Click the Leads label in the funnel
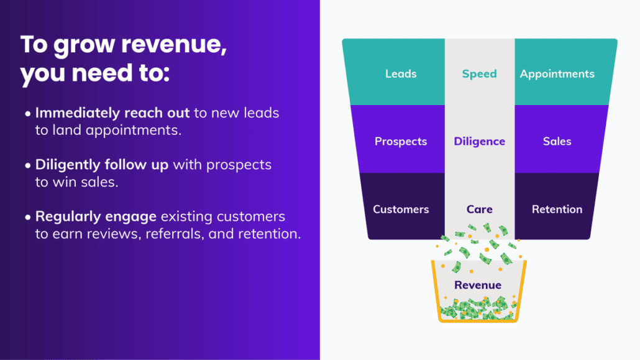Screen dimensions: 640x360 pos(401,73)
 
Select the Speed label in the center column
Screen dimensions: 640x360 pos(479,74)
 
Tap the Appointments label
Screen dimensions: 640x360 pos(557,74)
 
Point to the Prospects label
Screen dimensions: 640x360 pos(401,141)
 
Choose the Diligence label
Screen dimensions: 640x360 pos(480,141)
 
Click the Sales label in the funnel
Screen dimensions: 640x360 pos(557,141)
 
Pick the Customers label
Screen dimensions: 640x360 pos(401,209)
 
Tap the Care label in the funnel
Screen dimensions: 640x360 pos(480,209)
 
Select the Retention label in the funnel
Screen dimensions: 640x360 pos(557,209)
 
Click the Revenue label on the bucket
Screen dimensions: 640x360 pos(478,285)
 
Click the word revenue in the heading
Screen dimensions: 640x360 pos(174,45)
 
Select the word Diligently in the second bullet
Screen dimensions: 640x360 pos(68,165)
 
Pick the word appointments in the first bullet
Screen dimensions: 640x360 pos(134,131)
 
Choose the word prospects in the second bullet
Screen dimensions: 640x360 pos(239,165)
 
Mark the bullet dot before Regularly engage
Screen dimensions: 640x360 pos(28,217)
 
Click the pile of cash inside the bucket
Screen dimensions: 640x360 pos(478,308)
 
